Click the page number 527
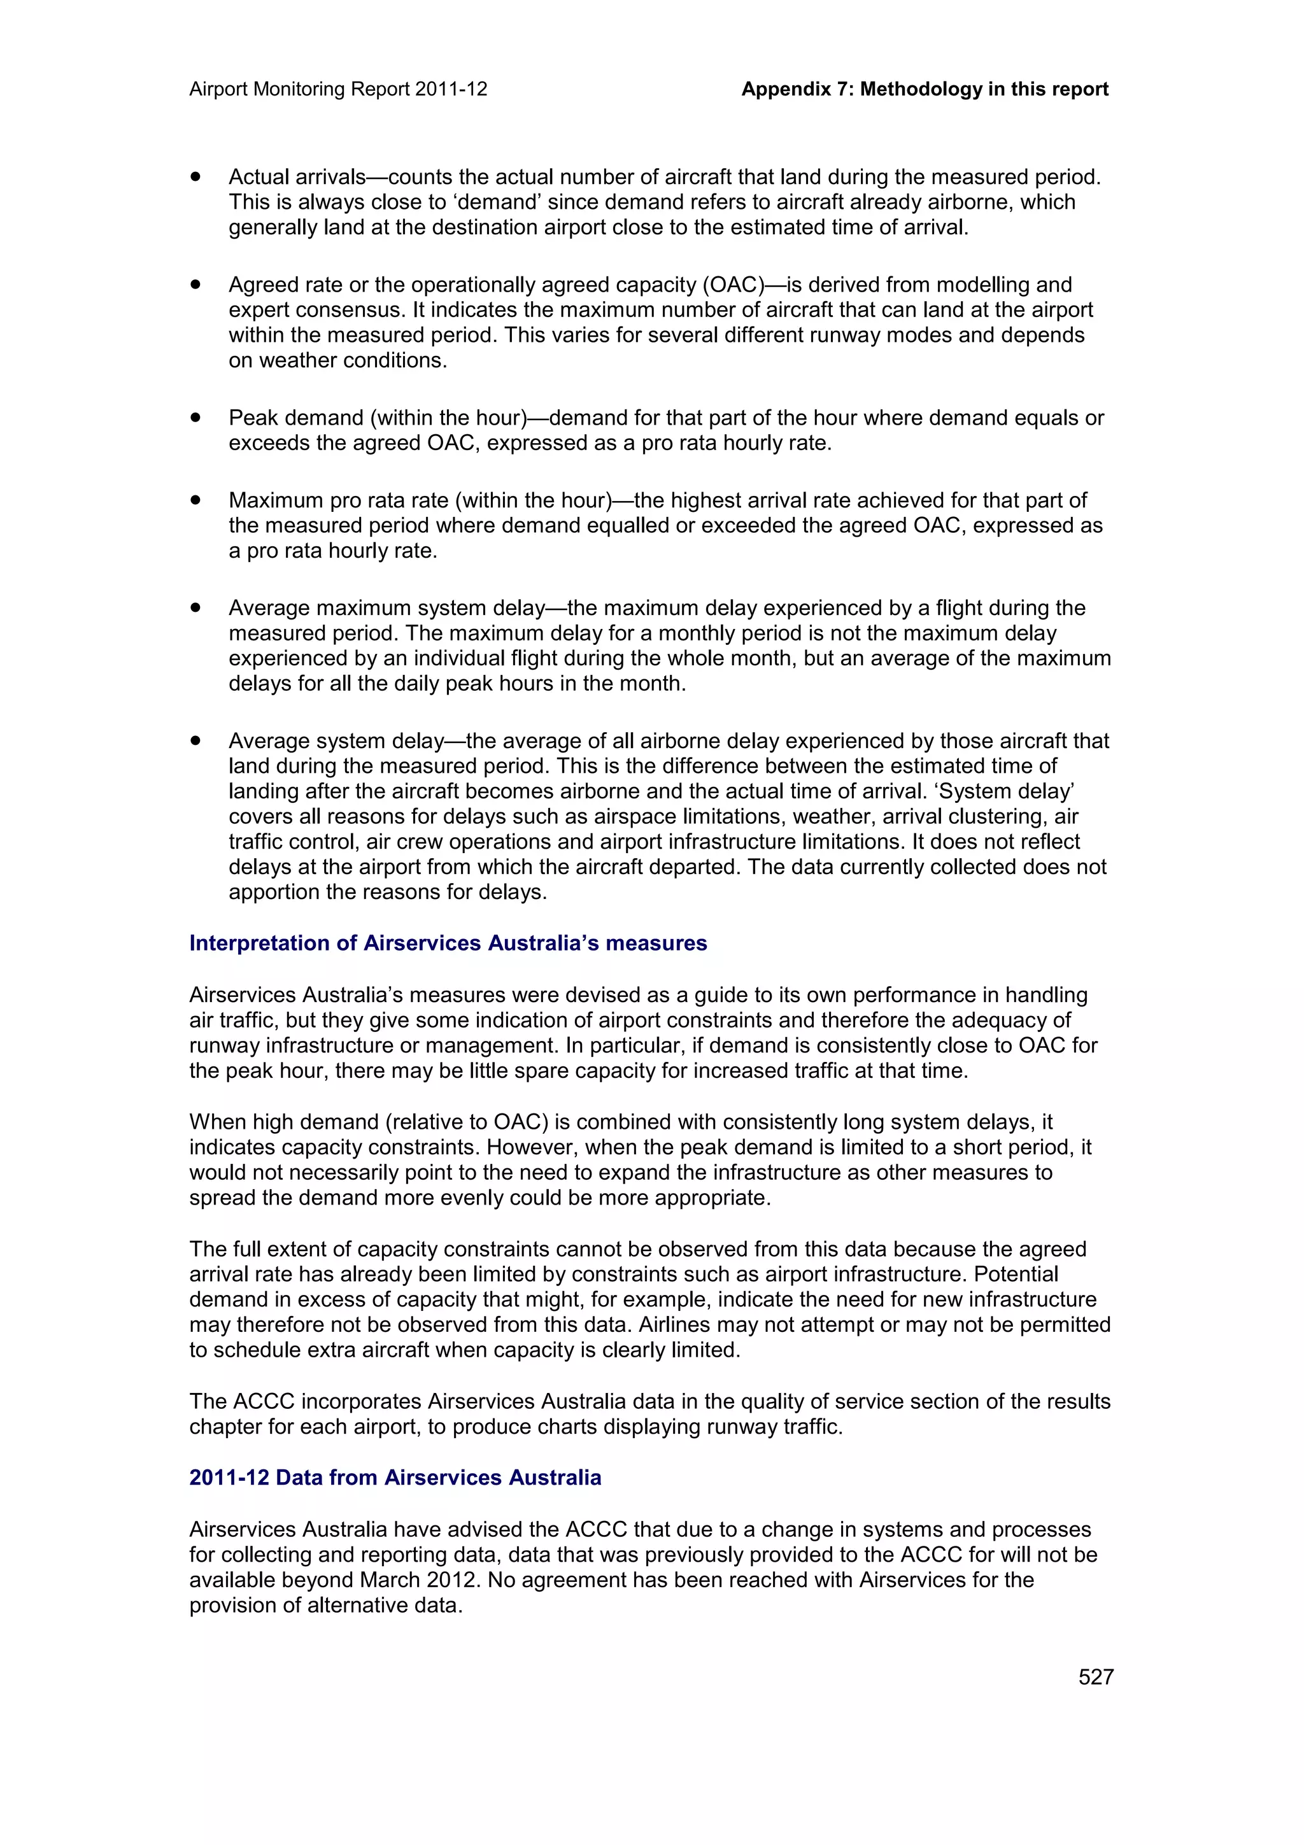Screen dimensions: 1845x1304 [1095, 1676]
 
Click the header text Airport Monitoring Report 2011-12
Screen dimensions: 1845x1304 [338, 89]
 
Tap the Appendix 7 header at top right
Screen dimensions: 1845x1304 [924, 89]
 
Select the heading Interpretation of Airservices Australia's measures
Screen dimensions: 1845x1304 [448, 943]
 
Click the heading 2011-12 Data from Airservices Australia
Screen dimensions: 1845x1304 [395, 1477]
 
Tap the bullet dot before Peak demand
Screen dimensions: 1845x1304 [195, 417]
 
